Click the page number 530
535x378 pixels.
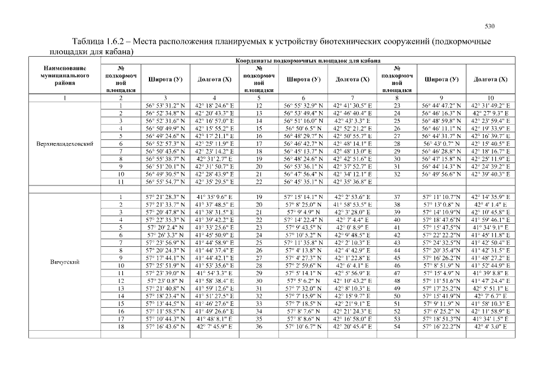tap(489, 26)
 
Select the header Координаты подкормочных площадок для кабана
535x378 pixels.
tap(307, 60)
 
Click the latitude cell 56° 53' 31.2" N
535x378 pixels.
tap(164, 105)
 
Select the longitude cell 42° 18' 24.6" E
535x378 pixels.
tap(214, 105)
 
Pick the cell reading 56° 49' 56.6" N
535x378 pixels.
tap(442, 175)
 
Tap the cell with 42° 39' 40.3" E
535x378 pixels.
tap(491, 175)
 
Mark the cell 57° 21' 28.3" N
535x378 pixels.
tap(164, 197)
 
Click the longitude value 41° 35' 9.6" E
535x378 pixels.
tap(214, 197)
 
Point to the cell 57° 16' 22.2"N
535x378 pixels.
tap(442, 327)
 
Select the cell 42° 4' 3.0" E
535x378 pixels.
tap(491, 327)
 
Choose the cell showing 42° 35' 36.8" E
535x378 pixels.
tap(352, 183)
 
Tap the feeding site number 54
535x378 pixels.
tap(397, 327)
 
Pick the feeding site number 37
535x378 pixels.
tap(397, 197)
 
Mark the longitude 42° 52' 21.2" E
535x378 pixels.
tap(352, 128)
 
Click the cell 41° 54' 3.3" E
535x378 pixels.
tap(214, 273)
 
